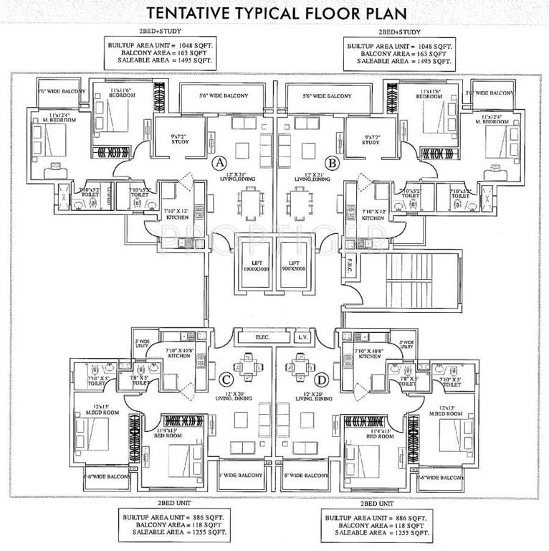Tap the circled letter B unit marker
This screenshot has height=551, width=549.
(x=332, y=164)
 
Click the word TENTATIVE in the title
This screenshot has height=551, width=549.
(x=188, y=13)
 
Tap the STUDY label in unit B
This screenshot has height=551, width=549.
(x=370, y=142)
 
